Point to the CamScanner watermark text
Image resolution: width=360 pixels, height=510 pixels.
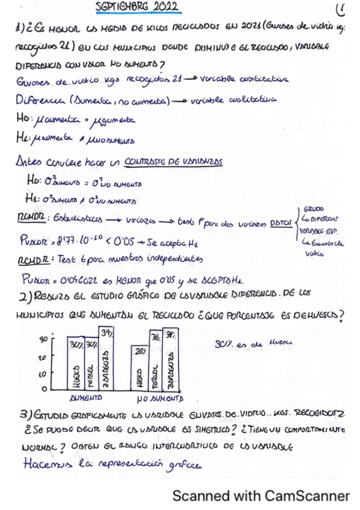tap(261, 496)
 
